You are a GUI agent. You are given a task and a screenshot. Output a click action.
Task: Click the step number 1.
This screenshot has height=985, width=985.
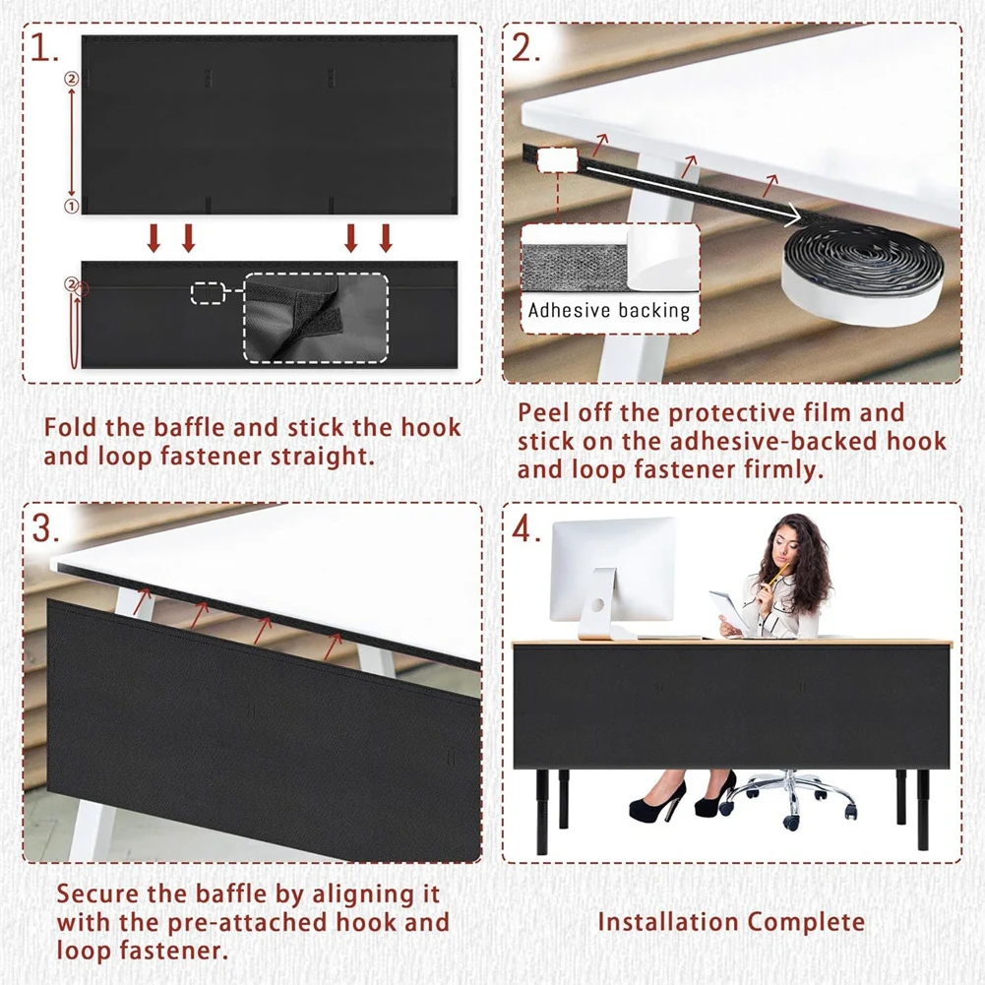[x=43, y=49]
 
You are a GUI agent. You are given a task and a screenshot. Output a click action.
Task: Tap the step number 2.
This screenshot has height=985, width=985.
[x=525, y=48]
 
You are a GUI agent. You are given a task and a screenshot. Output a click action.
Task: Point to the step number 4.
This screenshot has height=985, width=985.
[x=526, y=529]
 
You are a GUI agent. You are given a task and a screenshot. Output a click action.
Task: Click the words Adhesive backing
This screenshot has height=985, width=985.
[x=609, y=310]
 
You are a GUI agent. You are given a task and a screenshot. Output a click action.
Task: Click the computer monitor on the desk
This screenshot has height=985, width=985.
[x=612, y=577]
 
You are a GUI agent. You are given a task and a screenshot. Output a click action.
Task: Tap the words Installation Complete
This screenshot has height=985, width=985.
[x=731, y=922]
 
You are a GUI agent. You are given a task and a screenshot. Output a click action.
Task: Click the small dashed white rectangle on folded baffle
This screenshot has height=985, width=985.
[x=208, y=292]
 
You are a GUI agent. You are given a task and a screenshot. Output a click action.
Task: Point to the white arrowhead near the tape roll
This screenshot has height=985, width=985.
[x=794, y=216]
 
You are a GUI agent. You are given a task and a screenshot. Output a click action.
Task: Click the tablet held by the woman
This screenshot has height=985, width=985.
[x=729, y=609]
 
